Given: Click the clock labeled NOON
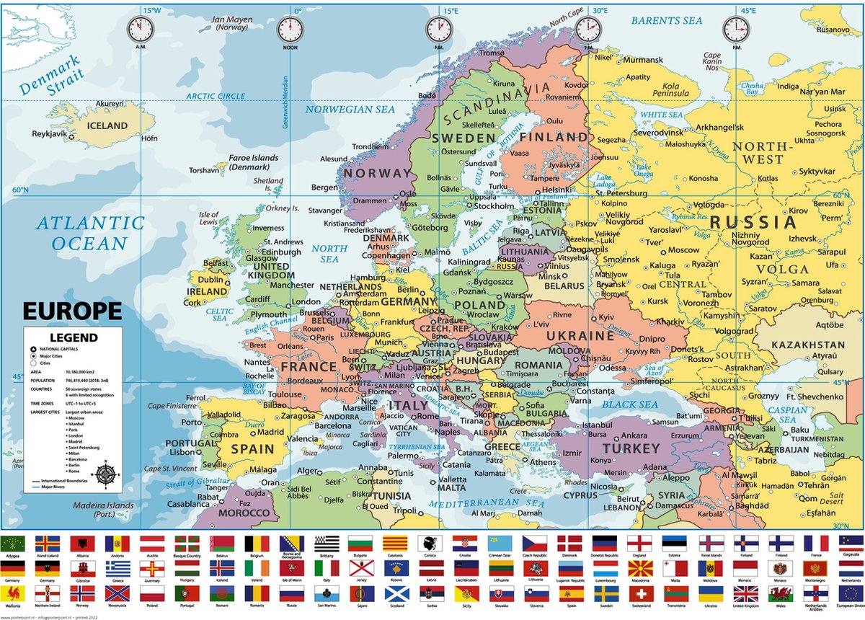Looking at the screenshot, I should click(x=290, y=30).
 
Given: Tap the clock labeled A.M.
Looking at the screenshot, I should click(x=141, y=30).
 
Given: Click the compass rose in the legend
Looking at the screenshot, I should click(x=106, y=474).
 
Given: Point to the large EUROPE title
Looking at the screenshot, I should click(x=72, y=311).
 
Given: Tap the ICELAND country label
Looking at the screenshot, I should click(x=107, y=125).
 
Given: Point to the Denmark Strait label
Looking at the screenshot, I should click(x=52, y=81).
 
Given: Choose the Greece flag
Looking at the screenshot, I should click(x=118, y=569).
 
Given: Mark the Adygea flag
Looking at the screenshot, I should click(x=12, y=544).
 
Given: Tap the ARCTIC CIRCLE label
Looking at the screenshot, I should click(x=216, y=96).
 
